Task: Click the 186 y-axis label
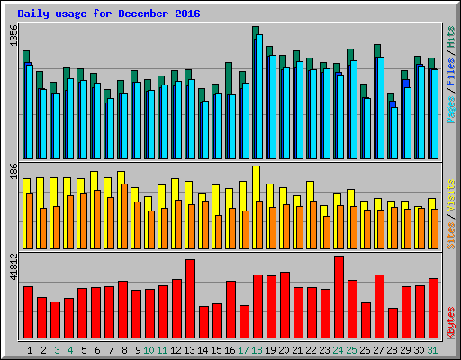coord(13,171)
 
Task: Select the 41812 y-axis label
coord(13,269)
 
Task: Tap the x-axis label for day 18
coord(258,349)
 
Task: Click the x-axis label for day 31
coord(433,349)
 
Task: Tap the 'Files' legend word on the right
coord(449,72)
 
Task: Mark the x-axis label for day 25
coord(352,349)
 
